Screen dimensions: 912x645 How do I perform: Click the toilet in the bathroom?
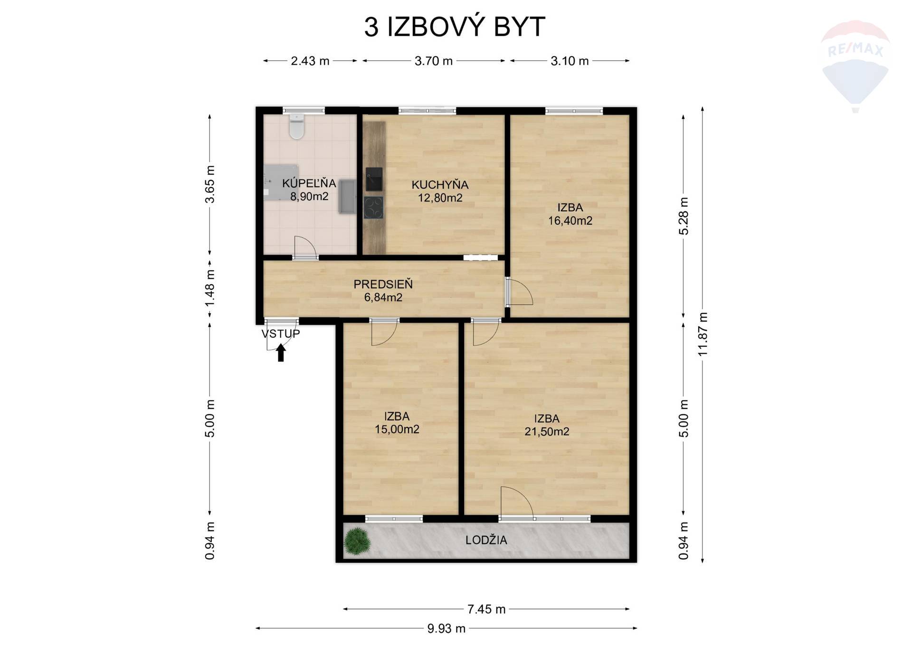[x=297, y=126]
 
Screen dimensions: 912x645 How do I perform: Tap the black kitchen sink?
[x=374, y=179]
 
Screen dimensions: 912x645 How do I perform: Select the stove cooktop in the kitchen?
[x=373, y=208]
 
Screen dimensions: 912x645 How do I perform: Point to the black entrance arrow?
[x=281, y=352]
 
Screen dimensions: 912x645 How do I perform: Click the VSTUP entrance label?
[x=281, y=334]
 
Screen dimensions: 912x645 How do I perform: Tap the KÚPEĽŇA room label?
[x=309, y=183]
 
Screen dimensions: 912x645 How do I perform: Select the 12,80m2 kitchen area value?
[x=440, y=198]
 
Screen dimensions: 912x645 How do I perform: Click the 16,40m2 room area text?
[x=570, y=221]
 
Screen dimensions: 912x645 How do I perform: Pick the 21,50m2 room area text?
[x=547, y=432]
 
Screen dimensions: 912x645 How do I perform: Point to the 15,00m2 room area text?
[x=397, y=429]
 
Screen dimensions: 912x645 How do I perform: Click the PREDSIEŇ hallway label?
[x=383, y=284]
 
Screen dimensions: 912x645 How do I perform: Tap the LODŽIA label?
[x=486, y=540]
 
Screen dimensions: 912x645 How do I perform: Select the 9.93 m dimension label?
[x=446, y=629]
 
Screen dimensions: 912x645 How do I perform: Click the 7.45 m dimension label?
[x=486, y=609]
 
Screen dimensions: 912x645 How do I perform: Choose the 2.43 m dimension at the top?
[x=310, y=61]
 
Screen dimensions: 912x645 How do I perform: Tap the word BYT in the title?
[x=519, y=27]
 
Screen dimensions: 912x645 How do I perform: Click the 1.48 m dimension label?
[x=210, y=288]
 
